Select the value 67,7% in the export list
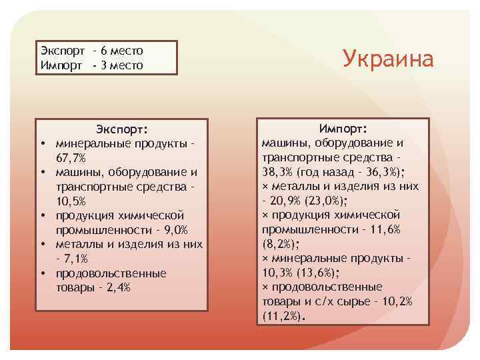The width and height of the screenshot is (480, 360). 71,158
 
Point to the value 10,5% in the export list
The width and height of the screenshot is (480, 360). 71,201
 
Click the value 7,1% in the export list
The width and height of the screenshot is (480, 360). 75,259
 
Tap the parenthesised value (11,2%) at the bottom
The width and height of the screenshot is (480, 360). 281,316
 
